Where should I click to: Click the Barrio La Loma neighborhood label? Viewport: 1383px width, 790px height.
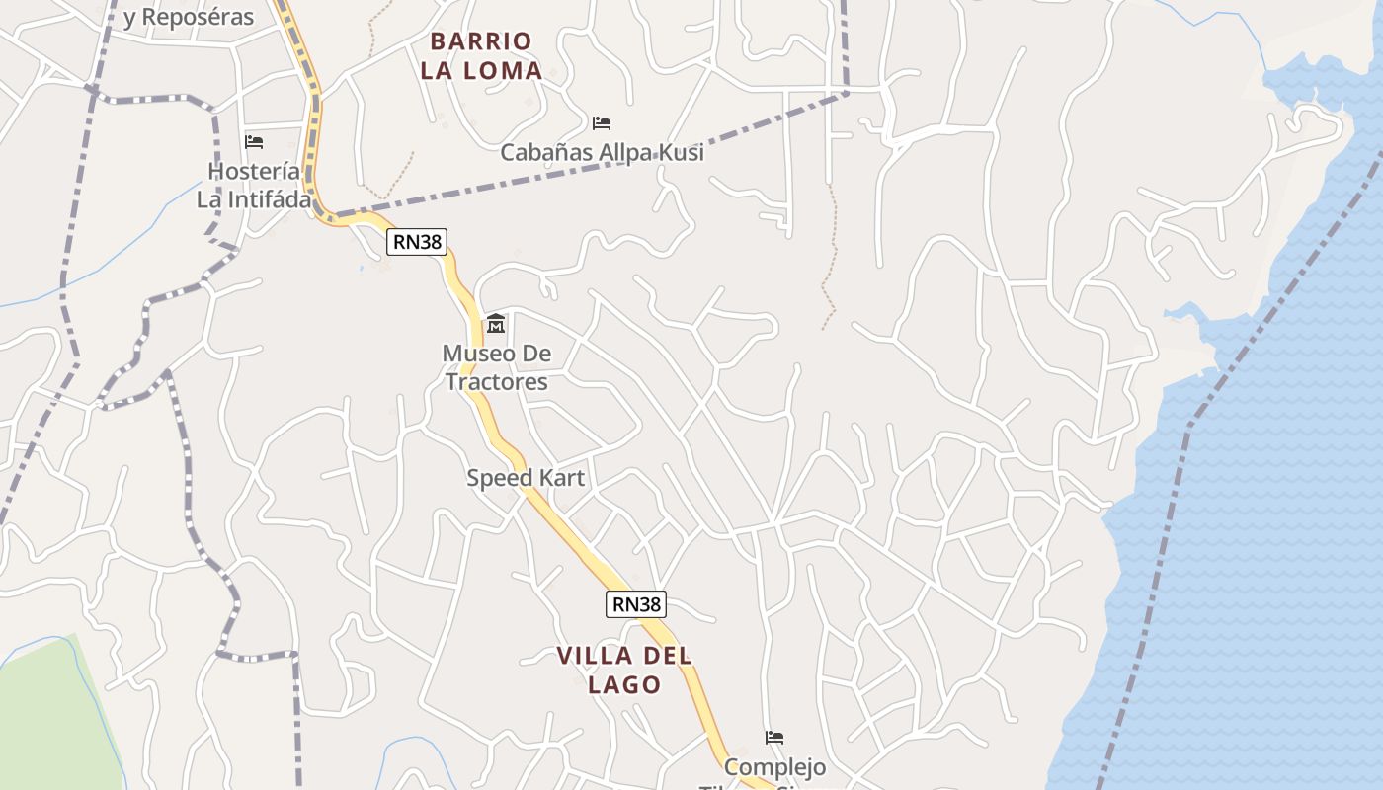coord(481,55)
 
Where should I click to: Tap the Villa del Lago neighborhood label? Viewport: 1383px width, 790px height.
coord(624,670)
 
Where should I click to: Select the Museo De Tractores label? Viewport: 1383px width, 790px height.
coord(496,367)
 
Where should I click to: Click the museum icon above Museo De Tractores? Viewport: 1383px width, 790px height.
coord(496,324)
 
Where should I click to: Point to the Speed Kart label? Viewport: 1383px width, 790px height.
coord(526,478)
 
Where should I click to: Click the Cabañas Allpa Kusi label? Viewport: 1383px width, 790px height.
coord(602,152)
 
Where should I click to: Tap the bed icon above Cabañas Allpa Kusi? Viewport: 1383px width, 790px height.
coord(602,123)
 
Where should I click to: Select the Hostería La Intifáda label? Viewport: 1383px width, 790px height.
coord(254,185)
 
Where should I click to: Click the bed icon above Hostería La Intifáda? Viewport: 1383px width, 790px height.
coord(254,142)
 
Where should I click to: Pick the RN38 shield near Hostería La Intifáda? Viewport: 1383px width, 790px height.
coord(419,241)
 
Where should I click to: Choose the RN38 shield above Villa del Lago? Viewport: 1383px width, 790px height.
coord(636,604)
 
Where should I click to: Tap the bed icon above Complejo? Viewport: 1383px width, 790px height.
coord(774,738)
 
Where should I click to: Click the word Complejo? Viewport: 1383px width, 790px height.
coord(775,767)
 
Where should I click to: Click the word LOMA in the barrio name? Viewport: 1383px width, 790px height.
coord(507,70)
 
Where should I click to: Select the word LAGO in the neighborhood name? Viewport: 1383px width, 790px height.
coord(624,684)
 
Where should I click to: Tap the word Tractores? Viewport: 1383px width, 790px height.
coord(496,382)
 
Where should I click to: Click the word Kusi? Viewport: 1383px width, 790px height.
coord(680,152)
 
